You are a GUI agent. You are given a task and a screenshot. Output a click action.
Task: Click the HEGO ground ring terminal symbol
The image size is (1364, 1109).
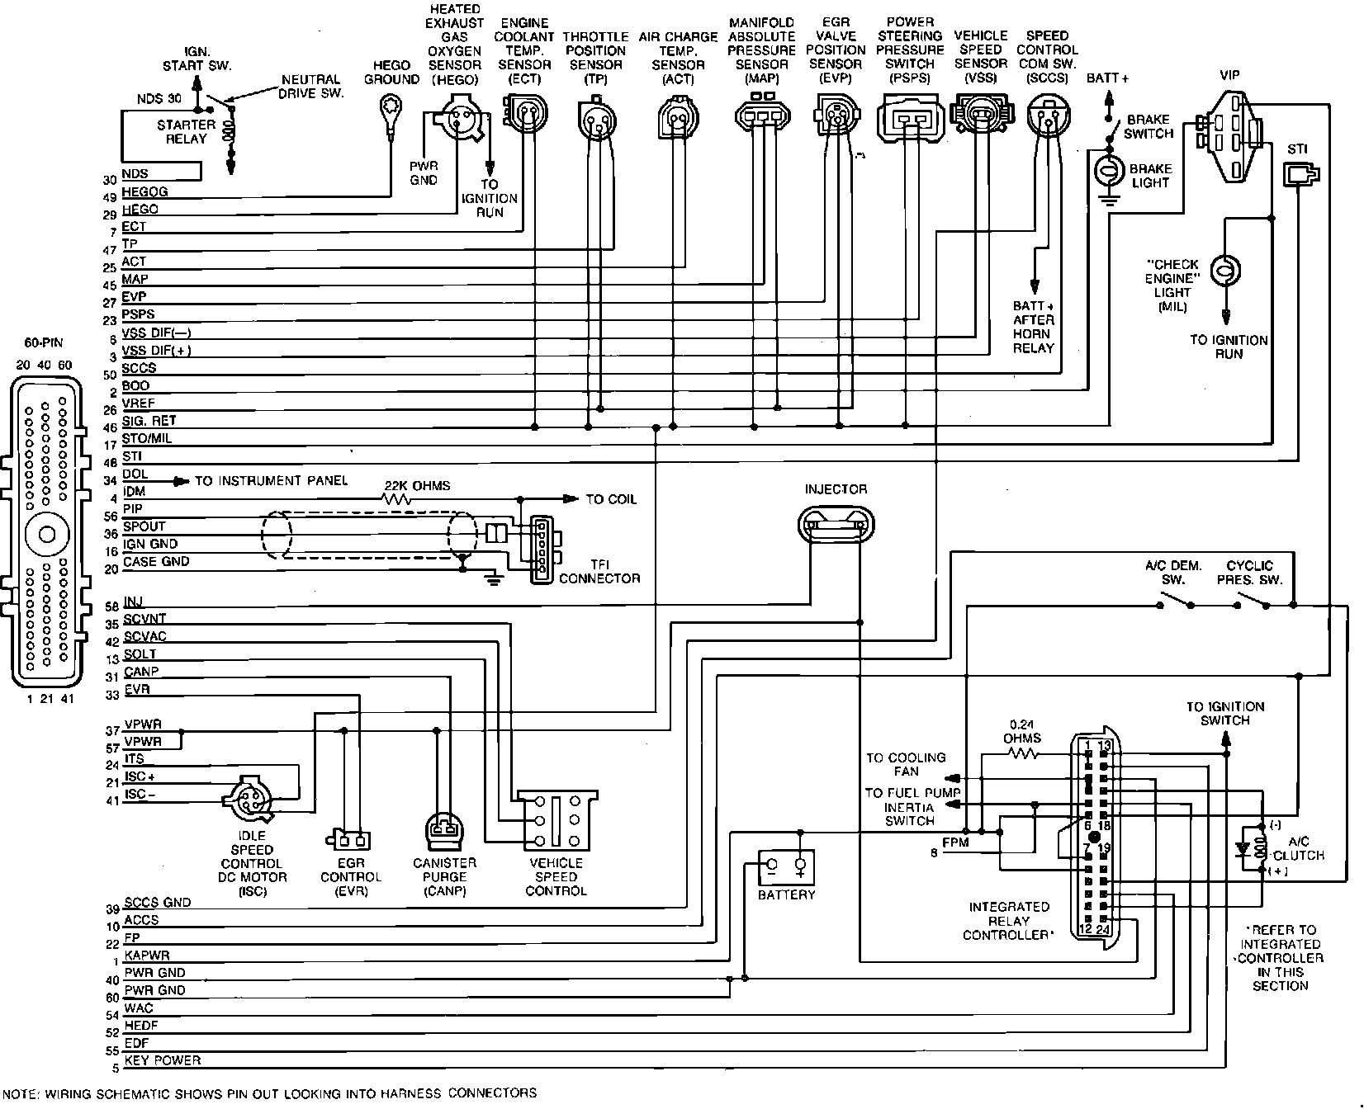coord(390,107)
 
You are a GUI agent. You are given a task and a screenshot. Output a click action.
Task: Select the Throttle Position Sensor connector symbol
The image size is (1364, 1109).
coord(595,118)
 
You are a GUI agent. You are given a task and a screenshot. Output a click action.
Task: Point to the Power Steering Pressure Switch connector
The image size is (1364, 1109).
coord(909,116)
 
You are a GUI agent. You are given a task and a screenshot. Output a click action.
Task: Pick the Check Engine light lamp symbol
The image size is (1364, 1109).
coord(1226,271)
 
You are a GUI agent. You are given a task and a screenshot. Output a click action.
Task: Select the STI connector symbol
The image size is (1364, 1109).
coord(1300,173)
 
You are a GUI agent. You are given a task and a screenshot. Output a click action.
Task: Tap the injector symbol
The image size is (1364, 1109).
coord(836,524)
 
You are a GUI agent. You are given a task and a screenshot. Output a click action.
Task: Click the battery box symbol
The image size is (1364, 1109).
coord(786,867)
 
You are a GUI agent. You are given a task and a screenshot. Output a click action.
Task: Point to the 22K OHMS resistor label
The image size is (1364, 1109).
coord(417,486)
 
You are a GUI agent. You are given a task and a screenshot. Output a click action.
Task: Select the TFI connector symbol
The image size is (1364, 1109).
coord(542,549)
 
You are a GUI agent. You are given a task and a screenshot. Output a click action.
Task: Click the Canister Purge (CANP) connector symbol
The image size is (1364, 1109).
coord(444,830)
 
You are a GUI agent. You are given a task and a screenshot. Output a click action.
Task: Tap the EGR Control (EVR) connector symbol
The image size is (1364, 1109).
coord(350,840)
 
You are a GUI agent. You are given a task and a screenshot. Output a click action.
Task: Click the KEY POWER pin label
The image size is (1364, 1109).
coord(163,1060)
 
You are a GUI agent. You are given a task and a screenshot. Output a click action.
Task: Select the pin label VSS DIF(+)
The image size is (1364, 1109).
coord(157,350)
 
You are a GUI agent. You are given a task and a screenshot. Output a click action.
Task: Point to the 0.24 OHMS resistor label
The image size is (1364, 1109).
coord(1022,731)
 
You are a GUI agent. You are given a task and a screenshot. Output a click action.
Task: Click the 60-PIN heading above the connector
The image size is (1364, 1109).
coord(42,342)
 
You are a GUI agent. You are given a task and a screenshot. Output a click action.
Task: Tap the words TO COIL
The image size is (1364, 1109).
coord(611,499)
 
